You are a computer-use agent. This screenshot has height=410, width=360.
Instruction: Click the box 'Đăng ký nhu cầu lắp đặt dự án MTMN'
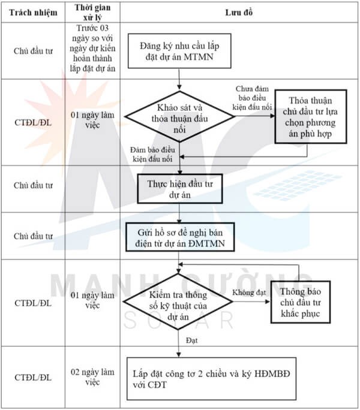pyautogui.click(x=179, y=50)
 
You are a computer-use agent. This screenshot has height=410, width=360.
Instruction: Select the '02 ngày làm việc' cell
pyautogui.click(x=94, y=378)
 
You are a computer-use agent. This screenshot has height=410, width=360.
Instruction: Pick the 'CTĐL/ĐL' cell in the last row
pyautogui.click(x=33, y=378)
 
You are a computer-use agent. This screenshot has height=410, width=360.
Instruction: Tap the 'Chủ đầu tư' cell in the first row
pyautogui.click(x=33, y=50)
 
